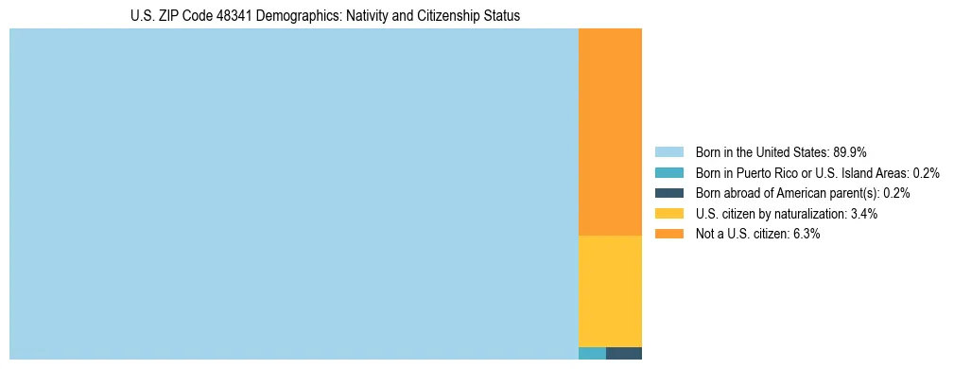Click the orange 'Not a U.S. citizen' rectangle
tap(610, 132)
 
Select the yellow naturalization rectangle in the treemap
tap(610, 290)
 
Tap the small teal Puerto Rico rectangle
tap(592, 354)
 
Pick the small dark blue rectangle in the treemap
tap(624, 354)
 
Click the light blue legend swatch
tap(668, 151)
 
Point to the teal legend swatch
tap(668, 172)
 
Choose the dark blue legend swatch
tap(668, 193)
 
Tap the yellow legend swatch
tap(668, 214)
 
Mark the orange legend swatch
tap(668, 234)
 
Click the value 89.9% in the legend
tap(850, 151)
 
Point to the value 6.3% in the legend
tap(806, 234)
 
